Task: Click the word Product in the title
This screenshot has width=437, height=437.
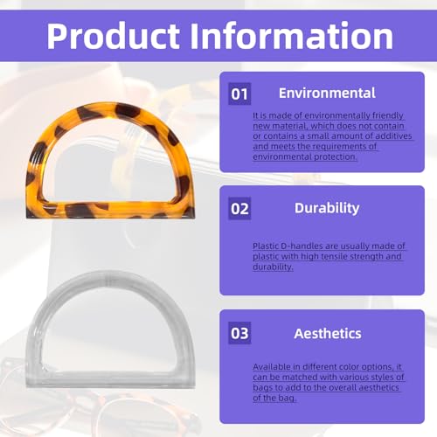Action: (114, 36)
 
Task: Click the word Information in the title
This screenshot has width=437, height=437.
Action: (292, 36)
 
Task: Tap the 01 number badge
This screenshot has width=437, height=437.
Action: (239, 94)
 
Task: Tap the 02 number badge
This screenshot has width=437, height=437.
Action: (239, 209)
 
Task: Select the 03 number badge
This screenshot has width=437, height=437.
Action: (239, 333)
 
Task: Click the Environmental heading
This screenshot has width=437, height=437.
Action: (327, 93)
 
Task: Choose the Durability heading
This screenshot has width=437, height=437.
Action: (327, 208)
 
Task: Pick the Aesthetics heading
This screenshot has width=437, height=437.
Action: (328, 334)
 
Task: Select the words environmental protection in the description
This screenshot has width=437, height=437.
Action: (304, 156)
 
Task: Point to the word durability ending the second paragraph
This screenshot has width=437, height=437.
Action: (273, 267)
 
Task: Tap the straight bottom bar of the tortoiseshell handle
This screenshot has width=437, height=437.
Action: (110, 210)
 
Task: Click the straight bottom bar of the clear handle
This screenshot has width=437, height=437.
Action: (110, 379)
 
